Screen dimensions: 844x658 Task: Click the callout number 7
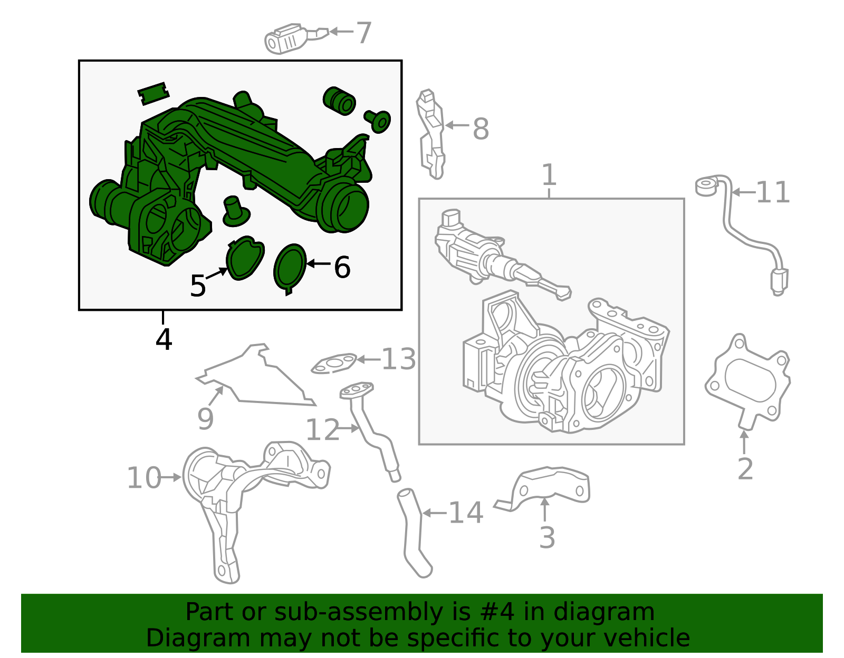[364, 33]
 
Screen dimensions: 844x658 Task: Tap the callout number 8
[481, 129]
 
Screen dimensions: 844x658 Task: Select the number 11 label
[773, 192]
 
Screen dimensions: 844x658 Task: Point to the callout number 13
[399, 359]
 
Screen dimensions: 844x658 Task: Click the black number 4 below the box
[164, 339]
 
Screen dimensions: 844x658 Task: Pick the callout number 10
[143, 478]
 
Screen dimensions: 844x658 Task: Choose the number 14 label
[466, 513]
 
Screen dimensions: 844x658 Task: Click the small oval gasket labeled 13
[333, 364]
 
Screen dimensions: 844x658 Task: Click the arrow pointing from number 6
[318, 263]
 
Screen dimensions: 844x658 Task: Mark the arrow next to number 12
[348, 428]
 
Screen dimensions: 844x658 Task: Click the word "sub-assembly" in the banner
[358, 612]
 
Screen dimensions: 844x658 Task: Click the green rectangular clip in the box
[154, 93]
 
